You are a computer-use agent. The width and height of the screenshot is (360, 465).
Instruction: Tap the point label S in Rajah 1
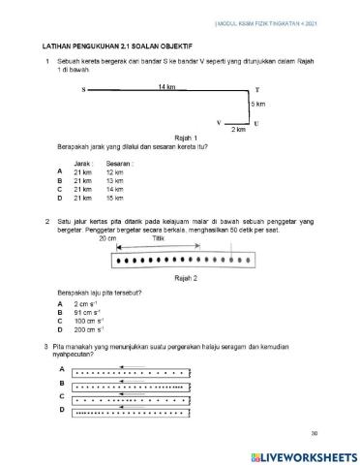point(84,90)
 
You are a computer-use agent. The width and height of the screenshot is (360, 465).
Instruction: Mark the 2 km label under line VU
point(238,130)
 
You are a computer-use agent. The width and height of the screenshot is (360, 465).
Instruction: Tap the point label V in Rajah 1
point(220,123)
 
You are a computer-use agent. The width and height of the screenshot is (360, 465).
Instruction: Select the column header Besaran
point(120,165)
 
